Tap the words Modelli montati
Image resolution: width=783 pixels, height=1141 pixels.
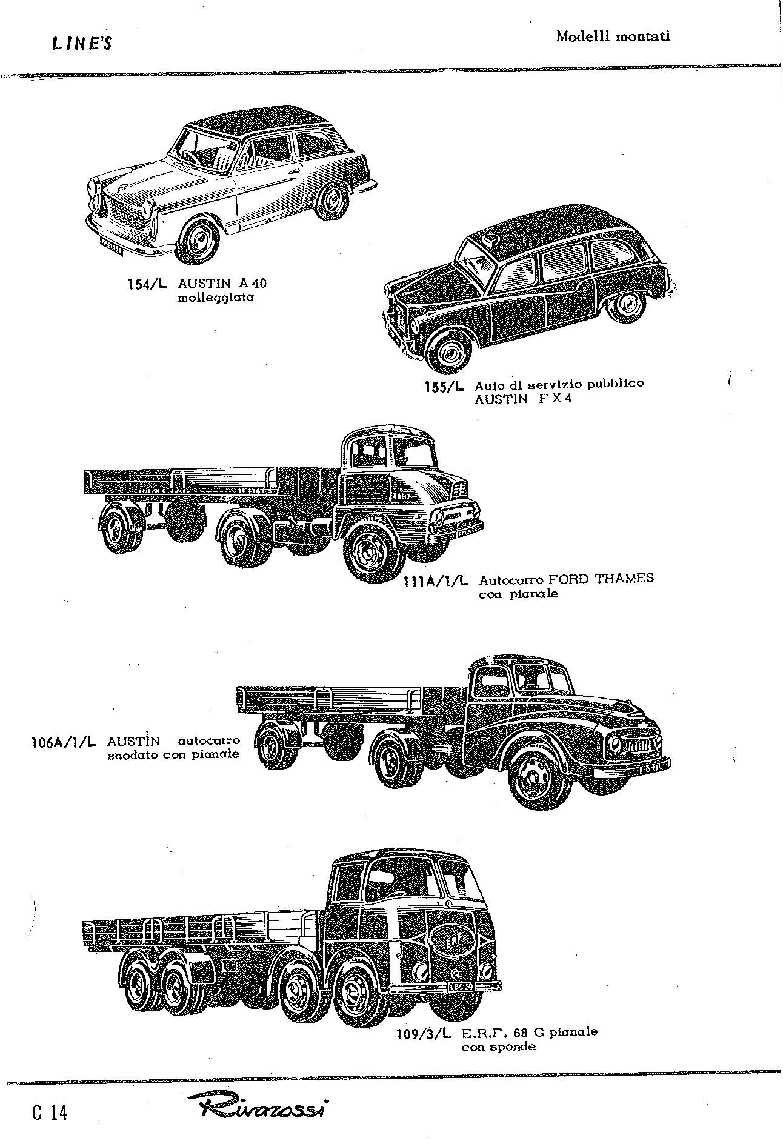coord(613,36)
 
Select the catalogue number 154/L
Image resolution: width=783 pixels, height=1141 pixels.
coord(144,284)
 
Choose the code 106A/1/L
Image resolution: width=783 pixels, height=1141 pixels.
coord(63,742)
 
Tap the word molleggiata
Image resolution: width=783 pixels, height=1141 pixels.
coord(216,298)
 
